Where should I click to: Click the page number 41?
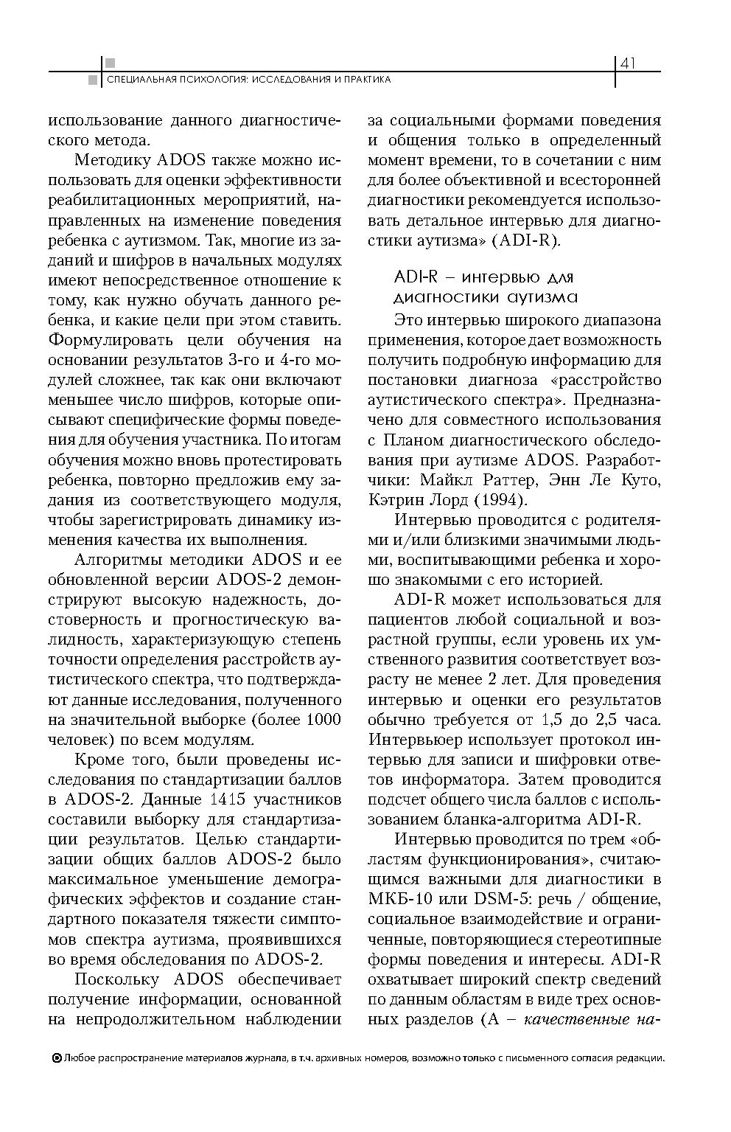tap(628, 63)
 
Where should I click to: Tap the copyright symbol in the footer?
tap(57, 1058)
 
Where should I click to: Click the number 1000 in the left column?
tap(323, 719)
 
